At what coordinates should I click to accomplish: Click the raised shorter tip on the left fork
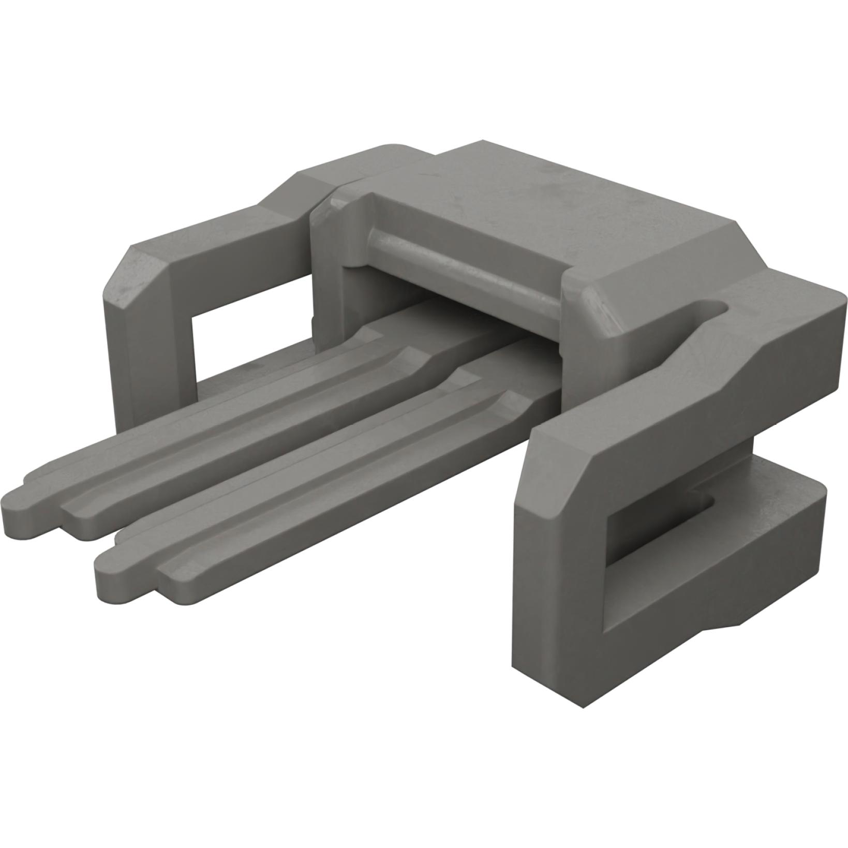[78, 510]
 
